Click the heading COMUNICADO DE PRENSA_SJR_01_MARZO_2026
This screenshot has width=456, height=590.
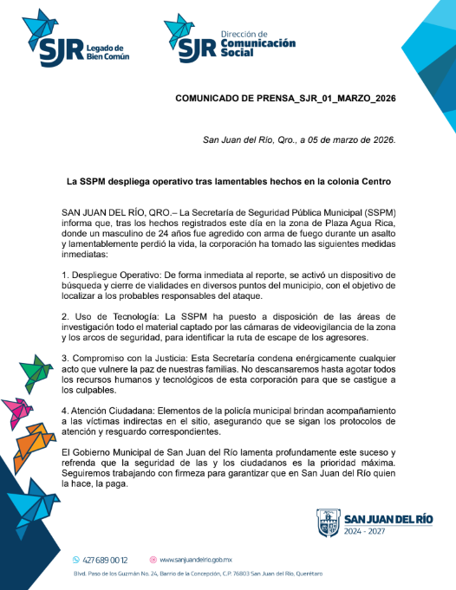click(284, 99)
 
